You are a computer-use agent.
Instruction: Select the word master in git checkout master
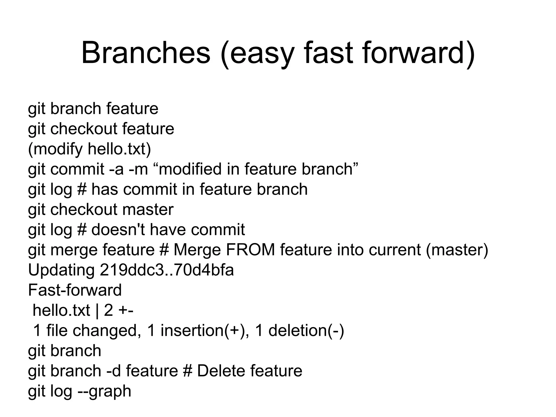148,209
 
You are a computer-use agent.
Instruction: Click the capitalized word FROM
250,249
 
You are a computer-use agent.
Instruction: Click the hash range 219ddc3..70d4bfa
167,270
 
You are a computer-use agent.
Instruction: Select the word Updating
61,270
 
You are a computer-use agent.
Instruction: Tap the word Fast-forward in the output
75,290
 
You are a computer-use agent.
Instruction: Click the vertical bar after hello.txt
97,310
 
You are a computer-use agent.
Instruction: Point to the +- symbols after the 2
126,310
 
